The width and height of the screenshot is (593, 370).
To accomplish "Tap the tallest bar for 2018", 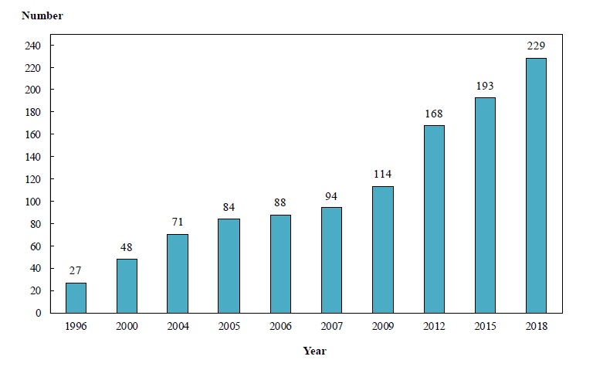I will pyautogui.click(x=536, y=185).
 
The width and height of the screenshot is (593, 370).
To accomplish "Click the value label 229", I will pyautogui.click(x=536, y=46).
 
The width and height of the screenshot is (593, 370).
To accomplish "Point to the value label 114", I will pyautogui.click(x=382, y=175).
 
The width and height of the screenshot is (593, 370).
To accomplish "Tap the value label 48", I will pyautogui.click(x=127, y=248).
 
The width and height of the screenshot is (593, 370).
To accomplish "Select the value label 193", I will pyautogui.click(x=485, y=86).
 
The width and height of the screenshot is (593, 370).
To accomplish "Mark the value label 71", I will pyautogui.click(x=178, y=222).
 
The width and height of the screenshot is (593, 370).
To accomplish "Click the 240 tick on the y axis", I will pyautogui.click(x=32, y=46).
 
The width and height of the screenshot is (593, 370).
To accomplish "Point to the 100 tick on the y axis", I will pyautogui.click(x=32, y=202).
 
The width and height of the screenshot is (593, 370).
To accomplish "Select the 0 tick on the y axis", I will pyautogui.click(x=38, y=313).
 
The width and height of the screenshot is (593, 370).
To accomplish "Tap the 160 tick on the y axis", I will pyautogui.click(x=32, y=134).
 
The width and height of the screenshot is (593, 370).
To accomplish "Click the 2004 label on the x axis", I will pyautogui.click(x=178, y=326).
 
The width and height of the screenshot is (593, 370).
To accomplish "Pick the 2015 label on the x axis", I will pyautogui.click(x=485, y=326).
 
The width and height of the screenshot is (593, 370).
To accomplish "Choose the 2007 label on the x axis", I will pyautogui.click(x=331, y=326).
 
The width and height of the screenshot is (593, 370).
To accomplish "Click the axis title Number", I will pyautogui.click(x=42, y=15).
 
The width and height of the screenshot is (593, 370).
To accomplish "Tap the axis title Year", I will pyautogui.click(x=314, y=351).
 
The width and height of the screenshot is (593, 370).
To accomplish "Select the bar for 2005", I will pyautogui.click(x=229, y=266).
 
